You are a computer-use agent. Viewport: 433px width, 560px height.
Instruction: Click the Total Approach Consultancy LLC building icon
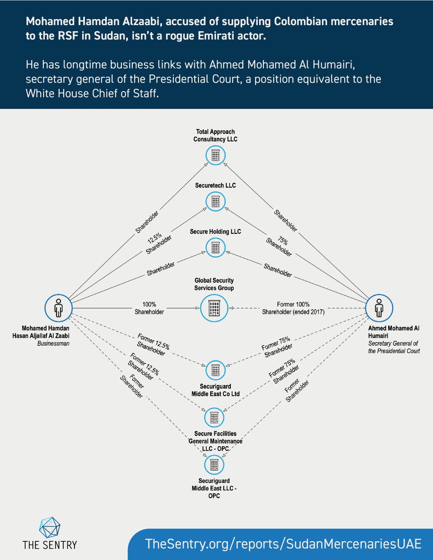[215, 155]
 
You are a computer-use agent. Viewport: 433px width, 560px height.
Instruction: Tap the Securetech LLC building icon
[215, 201]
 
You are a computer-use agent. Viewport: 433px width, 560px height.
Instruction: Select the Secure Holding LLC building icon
[215, 246]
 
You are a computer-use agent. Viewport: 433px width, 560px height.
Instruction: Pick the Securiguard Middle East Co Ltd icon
[215, 370]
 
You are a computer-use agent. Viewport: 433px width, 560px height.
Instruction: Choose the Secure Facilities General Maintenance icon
[215, 415]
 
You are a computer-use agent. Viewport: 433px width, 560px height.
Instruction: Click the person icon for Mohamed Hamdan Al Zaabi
[58, 308]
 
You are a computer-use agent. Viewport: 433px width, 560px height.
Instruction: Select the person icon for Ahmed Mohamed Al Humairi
[378, 308]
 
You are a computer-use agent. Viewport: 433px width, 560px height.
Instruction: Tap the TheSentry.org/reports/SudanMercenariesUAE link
[283, 544]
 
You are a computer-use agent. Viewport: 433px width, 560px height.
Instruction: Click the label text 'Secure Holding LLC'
[215, 231]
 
